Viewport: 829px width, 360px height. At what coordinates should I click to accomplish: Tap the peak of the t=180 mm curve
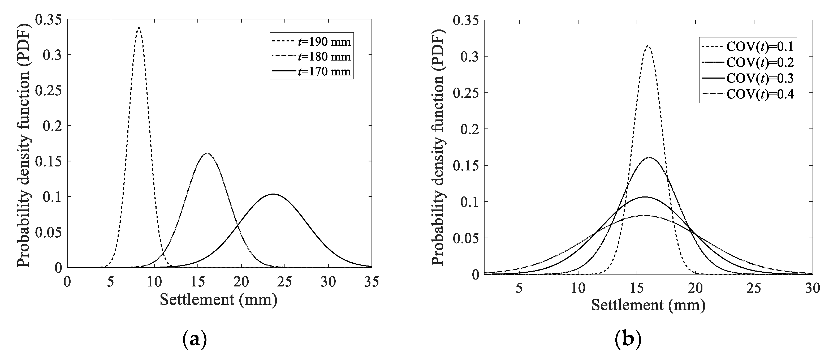(x=207, y=153)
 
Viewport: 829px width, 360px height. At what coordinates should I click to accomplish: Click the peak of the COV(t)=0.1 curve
(x=648, y=46)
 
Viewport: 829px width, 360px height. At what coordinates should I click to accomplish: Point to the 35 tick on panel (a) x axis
(x=372, y=282)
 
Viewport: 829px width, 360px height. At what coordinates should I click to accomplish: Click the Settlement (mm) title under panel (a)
(x=218, y=300)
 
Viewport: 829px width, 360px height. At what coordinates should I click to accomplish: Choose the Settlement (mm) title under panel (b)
(x=648, y=305)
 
